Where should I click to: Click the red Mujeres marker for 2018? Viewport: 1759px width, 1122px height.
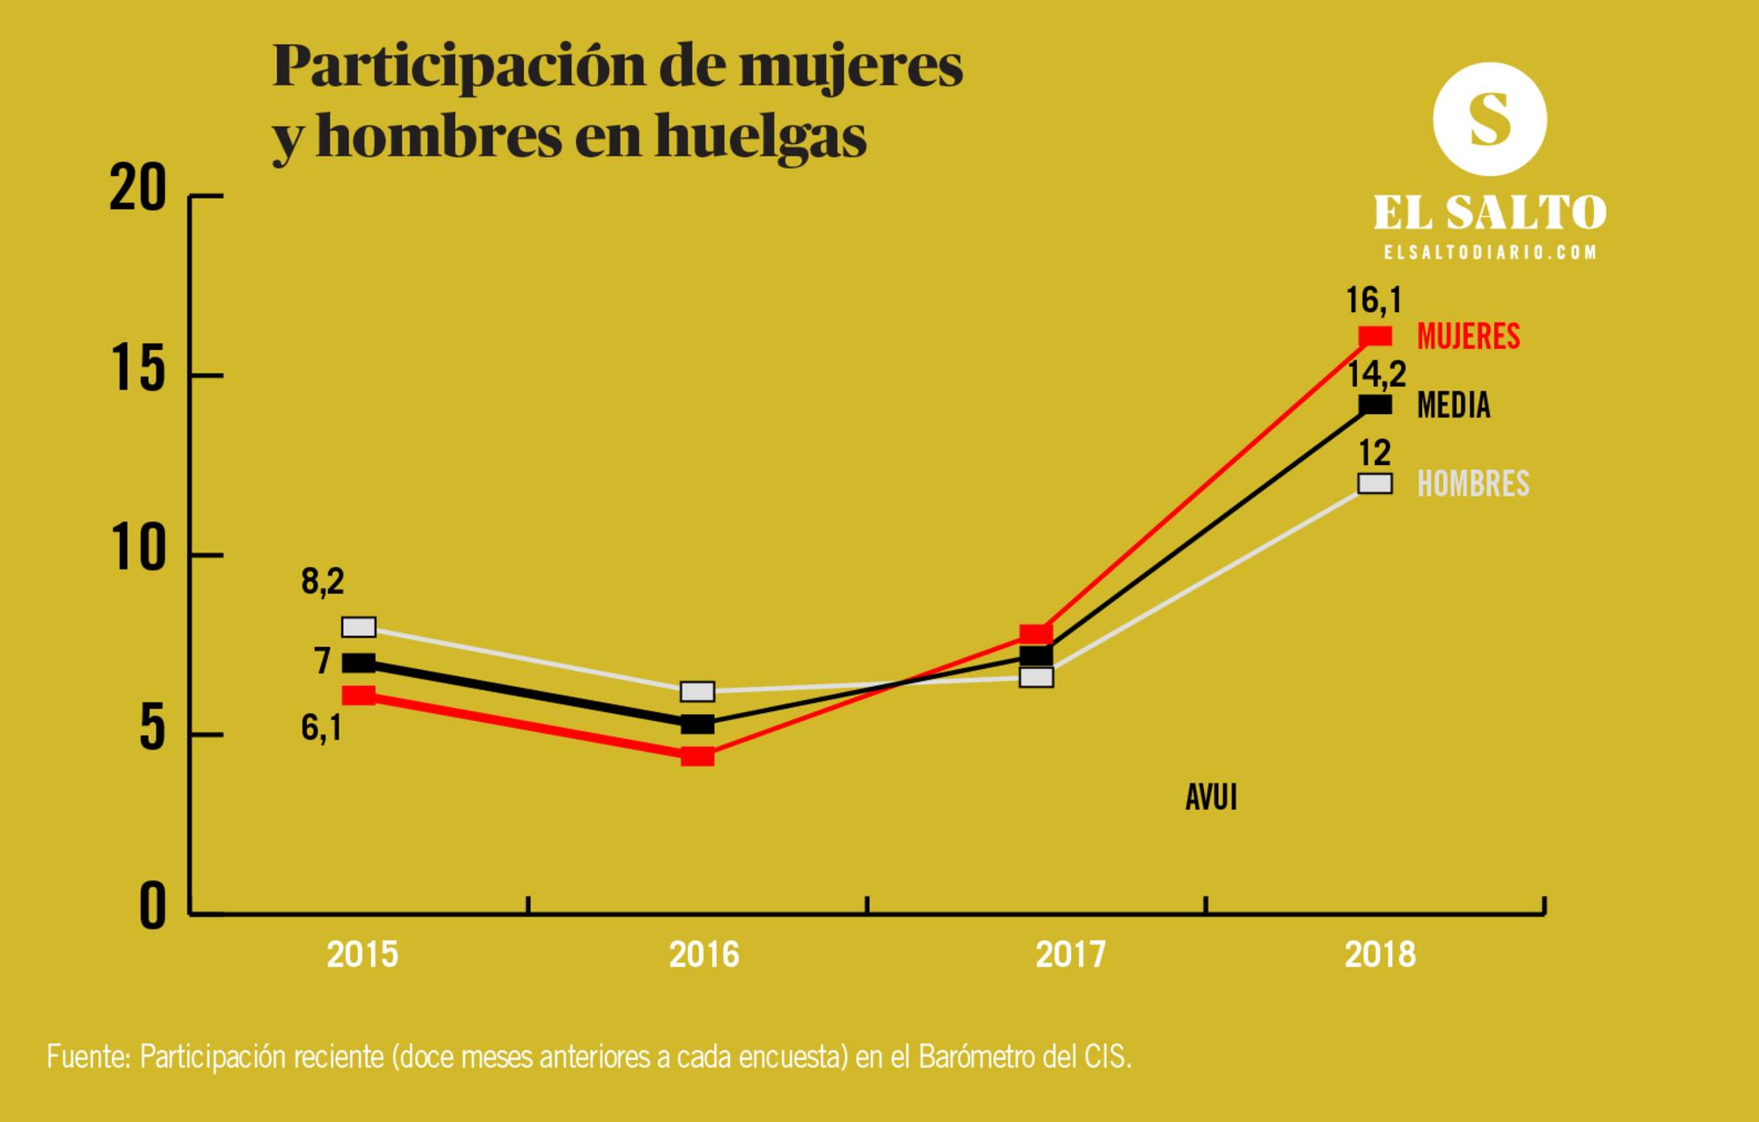pos(1375,336)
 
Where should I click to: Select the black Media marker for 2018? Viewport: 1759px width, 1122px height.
pos(1375,404)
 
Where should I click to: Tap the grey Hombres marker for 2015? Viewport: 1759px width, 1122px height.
pos(359,627)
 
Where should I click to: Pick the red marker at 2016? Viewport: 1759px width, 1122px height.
pos(697,756)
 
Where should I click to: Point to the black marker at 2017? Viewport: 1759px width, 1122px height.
pos(1037,656)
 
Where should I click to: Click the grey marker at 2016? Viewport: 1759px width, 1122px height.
pos(697,692)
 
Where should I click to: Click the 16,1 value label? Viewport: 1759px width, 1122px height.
pos(1373,301)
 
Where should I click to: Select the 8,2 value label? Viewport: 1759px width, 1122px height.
pos(323,582)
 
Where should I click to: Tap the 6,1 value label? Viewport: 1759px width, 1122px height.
pos(322,728)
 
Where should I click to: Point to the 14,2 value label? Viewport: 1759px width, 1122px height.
pos(1376,375)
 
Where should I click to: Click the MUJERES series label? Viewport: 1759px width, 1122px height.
pos(1468,337)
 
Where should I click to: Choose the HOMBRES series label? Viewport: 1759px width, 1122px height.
pos(1473,484)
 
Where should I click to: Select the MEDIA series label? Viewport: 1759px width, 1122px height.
pos(1454,405)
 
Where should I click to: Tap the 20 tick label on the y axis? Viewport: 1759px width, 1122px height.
pos(138,189)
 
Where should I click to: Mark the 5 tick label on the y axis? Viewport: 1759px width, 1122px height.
pos(152,730)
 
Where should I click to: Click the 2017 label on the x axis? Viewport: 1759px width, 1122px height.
pos(1070,955)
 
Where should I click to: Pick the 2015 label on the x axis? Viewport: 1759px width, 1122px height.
pos(362,955)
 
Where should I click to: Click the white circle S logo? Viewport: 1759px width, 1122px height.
pos(1489,119)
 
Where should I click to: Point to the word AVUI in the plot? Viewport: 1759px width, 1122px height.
pos(1211,798)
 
